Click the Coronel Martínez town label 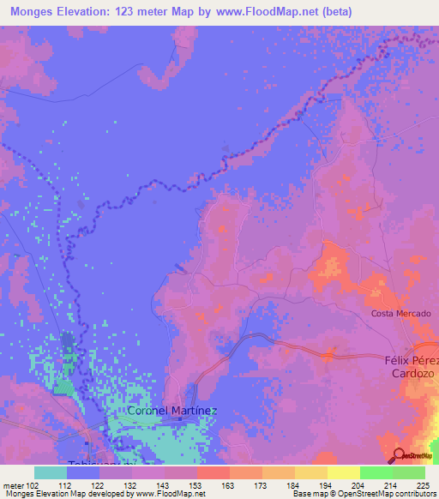point(171,411)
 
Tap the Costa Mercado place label point(400,314)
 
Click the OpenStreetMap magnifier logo point(399,455)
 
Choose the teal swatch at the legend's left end point(51,472)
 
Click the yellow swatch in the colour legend point(344,472)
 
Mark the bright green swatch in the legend point(376,472)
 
